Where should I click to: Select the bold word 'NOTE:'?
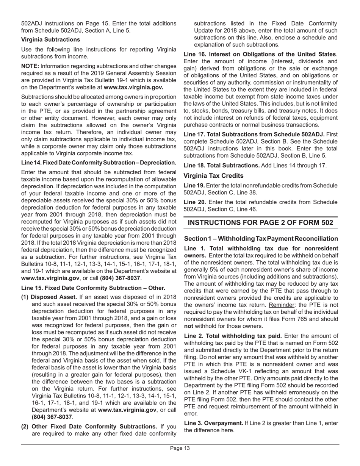(30, 66)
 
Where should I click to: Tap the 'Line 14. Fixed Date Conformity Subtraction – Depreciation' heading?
(99, 163)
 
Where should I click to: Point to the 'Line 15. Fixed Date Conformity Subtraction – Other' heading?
(93, 288)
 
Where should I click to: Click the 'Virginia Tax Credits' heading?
(213, 176)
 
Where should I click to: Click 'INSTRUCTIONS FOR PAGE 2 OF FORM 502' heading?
(260, 222)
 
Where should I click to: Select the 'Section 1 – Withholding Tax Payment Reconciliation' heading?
(261, 239)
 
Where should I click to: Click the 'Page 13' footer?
(180, 449)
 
